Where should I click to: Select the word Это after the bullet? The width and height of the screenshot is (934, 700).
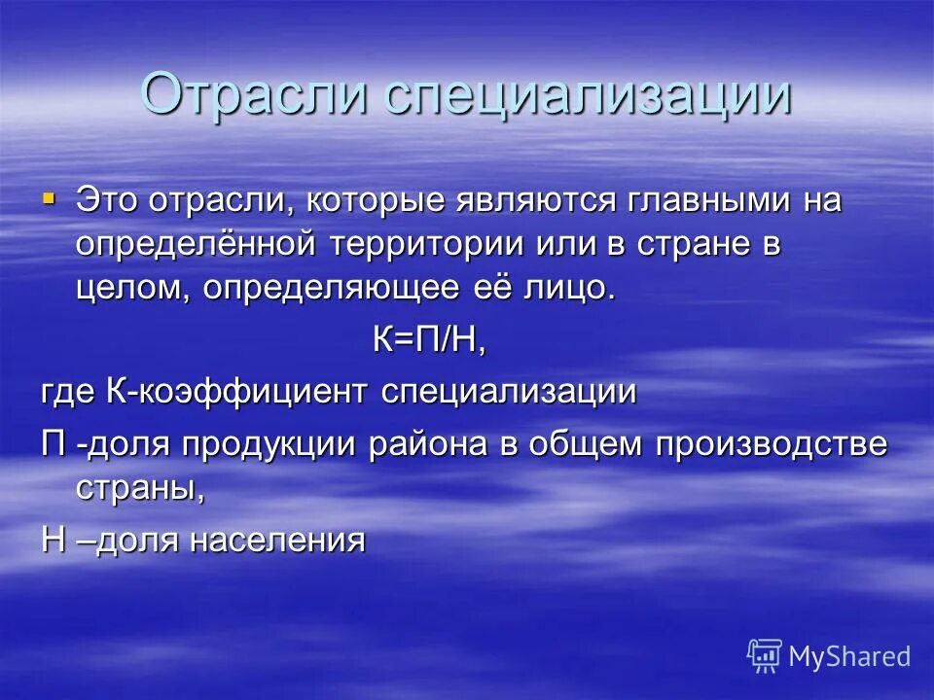pyautogui.click(x=109, y=201)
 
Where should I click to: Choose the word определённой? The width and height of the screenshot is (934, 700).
pyautogui.click(x=196, y=245)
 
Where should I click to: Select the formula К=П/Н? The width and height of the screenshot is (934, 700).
pyautogui.click(x=429, y=340)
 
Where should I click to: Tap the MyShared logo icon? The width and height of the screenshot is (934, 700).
pyautogui.click(x=765, y=657)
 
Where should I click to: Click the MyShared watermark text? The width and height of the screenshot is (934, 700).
pyautogui.click(x=849, y=657)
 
